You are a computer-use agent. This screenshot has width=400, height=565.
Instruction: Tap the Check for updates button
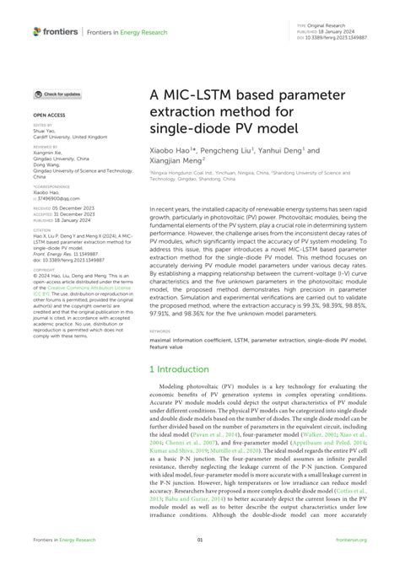coord(58,95)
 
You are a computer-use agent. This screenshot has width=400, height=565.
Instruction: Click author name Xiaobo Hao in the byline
coord(174,149)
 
